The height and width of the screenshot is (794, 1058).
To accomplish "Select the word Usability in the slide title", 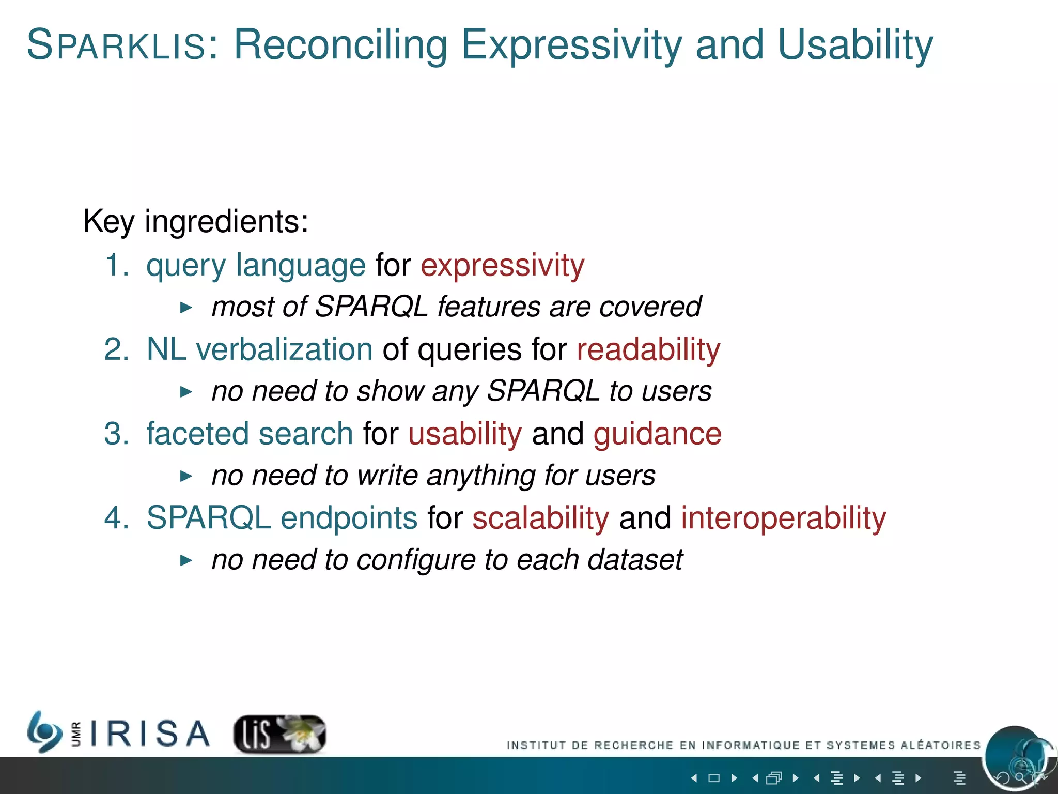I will coord(855,45).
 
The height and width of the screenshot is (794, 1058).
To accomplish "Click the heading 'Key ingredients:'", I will coord(196,221).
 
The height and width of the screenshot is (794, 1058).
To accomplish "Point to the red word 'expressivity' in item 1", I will coord(502,266).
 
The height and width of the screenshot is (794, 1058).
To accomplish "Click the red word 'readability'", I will coord(648,349).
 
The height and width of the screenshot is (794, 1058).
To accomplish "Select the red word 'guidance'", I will coord(657,434).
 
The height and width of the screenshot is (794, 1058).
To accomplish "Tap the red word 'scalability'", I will coord(540,518).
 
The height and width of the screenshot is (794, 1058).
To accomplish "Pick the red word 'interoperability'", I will coord(783,518).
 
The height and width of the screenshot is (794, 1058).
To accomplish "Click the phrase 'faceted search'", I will coord(250,434).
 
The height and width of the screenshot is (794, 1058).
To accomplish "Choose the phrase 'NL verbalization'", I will coord(259,349).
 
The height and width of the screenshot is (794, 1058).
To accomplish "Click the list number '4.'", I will coord(116,518).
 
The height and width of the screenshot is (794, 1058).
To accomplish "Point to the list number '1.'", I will coord(116,266).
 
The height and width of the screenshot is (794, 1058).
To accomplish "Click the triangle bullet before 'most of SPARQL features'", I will coord(186,308).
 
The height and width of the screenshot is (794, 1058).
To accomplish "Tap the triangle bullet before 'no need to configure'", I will coord(186,560).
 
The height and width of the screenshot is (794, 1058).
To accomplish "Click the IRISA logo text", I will coord(150,734).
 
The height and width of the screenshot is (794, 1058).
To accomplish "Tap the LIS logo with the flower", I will coord(279,734).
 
